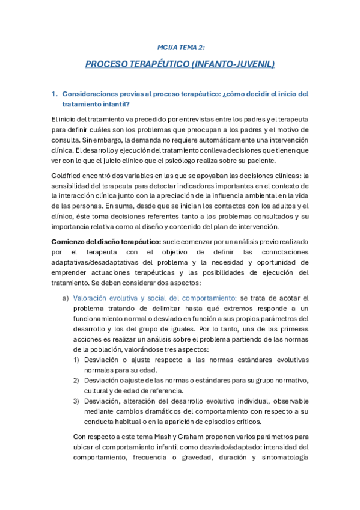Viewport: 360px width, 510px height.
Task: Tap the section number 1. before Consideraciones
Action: (54, 94)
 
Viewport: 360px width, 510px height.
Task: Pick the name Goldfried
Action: (67, 176)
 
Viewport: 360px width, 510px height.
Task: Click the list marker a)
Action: (66, 298)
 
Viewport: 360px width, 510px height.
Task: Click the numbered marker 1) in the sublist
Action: (76, 360)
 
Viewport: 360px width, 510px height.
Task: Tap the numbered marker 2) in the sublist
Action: (76, 381)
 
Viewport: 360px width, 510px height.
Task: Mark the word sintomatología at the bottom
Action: (282, 457)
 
